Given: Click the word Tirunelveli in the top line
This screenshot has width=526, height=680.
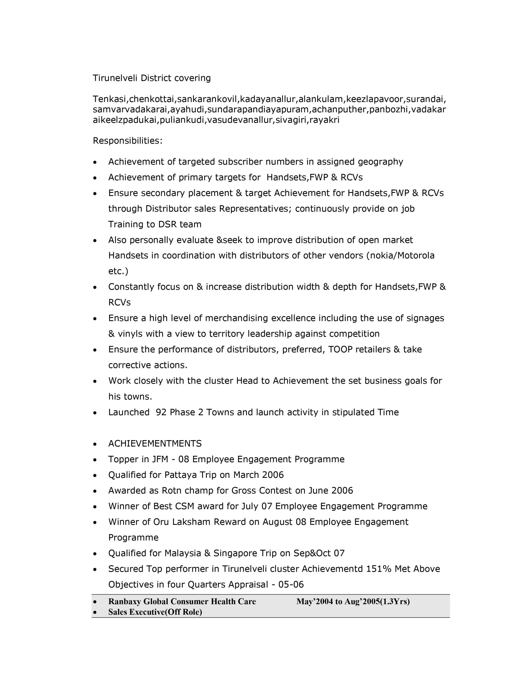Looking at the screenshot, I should coord(115,78).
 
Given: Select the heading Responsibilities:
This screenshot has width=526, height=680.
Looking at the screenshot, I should coord(128,141).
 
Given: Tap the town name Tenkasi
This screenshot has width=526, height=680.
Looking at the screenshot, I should coord(110,99).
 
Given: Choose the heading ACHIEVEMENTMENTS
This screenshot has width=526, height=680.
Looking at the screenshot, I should coord(155,443).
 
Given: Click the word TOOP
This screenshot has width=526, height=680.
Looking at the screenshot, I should coord(340,349).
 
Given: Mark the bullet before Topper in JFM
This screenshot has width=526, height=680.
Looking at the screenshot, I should coord(95,460).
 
